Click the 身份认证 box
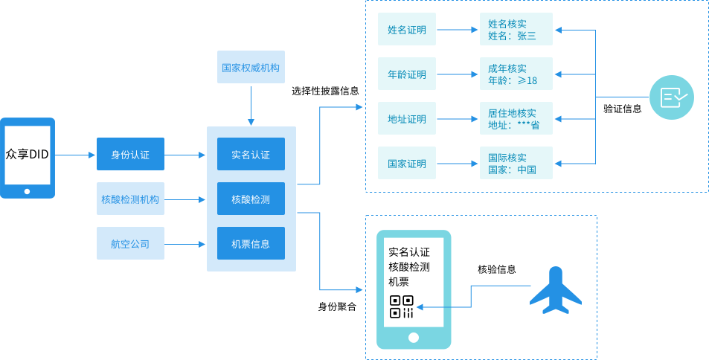[130, 155]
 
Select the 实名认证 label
[251, 155]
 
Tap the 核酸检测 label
[251, 199]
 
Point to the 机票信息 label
[251, 243]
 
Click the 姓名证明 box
[407, 30]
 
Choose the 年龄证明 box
[407, 74]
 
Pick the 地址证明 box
[407, 119]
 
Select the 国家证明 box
[407, 163]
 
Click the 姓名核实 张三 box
[516, 30]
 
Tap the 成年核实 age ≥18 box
[516, 74]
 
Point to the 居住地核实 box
[516, 119]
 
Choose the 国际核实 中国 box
[516, 163]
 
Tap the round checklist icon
[672, 97]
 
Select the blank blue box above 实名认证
[251, 67]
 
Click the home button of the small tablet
[28, 191]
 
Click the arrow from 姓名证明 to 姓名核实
[458, 30]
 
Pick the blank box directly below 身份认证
[130, 199]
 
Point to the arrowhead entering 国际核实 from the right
[559, 163]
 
